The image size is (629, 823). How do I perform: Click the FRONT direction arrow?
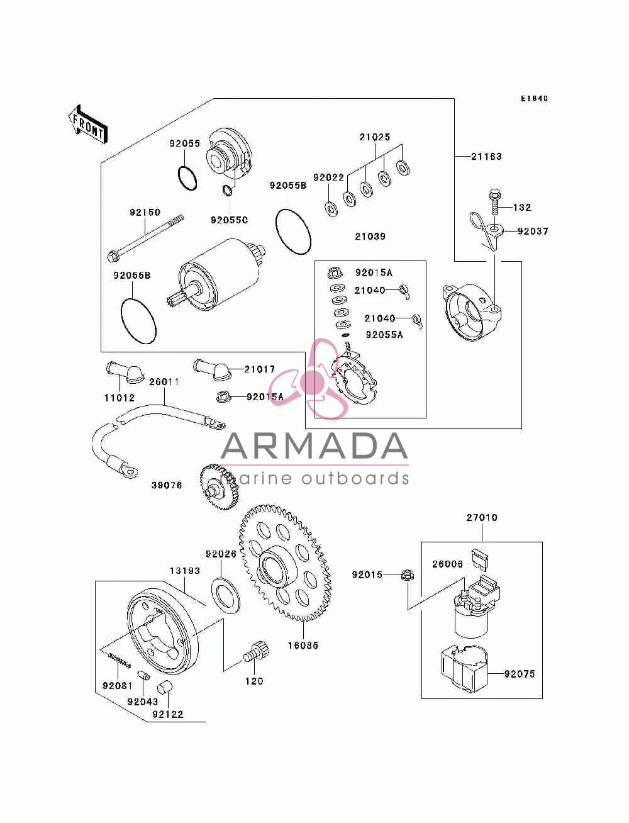(88, 124)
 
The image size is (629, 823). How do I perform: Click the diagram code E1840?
(534, 99)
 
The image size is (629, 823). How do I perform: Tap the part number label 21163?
(486, 156)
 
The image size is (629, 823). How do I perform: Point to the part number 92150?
(145, 212)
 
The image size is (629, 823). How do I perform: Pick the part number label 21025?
(375, 137)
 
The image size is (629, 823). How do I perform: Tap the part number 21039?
(370, 236)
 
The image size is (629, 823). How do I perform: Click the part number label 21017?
(259, 369)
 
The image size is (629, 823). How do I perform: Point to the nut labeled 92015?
(408, 575)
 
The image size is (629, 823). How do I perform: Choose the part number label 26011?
(164, 382)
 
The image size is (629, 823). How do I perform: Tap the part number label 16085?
(303, 646)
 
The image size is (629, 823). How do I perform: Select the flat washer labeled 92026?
(225, 596)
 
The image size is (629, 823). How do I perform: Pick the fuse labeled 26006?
(482, 559)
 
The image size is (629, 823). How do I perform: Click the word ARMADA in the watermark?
(314, 446)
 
